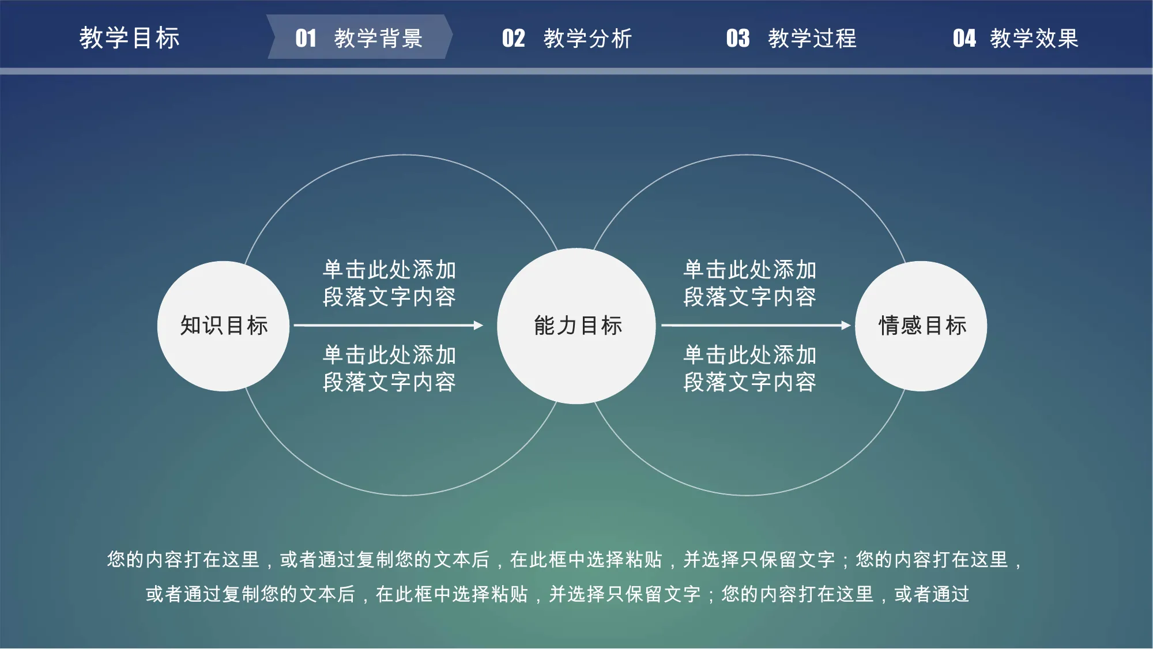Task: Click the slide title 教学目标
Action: tap(130, 38)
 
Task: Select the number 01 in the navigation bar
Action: tap(306, 39)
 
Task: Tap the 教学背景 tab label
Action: tap(378, 39)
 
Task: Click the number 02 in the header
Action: tap(514, 39)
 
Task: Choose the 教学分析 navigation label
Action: tap(587, 39)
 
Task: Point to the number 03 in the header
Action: tap(738, 39)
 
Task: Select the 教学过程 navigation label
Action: tap(812, 39)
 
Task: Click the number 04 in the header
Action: tap(964, 39)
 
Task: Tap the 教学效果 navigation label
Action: tap(1034, 39)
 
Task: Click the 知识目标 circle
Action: tap(224, 326)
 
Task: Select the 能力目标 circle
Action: tap(576, 326)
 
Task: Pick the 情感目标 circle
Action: tap(921, 326)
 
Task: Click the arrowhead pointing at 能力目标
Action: tap(478, 326)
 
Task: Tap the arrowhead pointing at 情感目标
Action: tap(846, 326)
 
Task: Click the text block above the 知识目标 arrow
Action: tap(389, 283)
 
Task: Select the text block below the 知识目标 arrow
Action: tap(389, 368)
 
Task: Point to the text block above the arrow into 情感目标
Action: tap(749, 283)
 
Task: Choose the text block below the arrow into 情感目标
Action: tap(749, 368)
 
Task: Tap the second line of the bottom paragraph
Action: tap(557, 594)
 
